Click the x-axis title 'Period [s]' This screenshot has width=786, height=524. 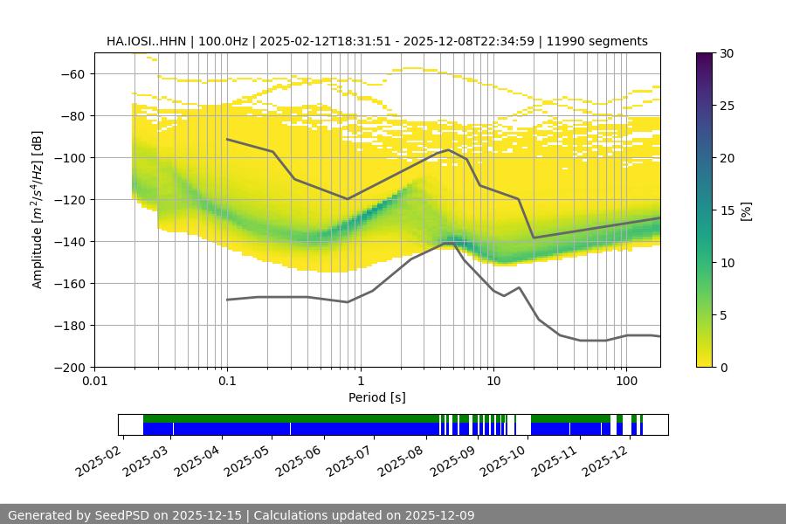coord(377,398)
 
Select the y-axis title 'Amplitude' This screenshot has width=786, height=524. coord(37,210)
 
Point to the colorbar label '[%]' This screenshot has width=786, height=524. coord(746,210)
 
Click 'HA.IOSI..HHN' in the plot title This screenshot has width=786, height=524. coord(145,41)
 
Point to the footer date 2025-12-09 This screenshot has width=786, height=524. coord(440,515)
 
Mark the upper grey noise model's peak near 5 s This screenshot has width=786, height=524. coord(449,149)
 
